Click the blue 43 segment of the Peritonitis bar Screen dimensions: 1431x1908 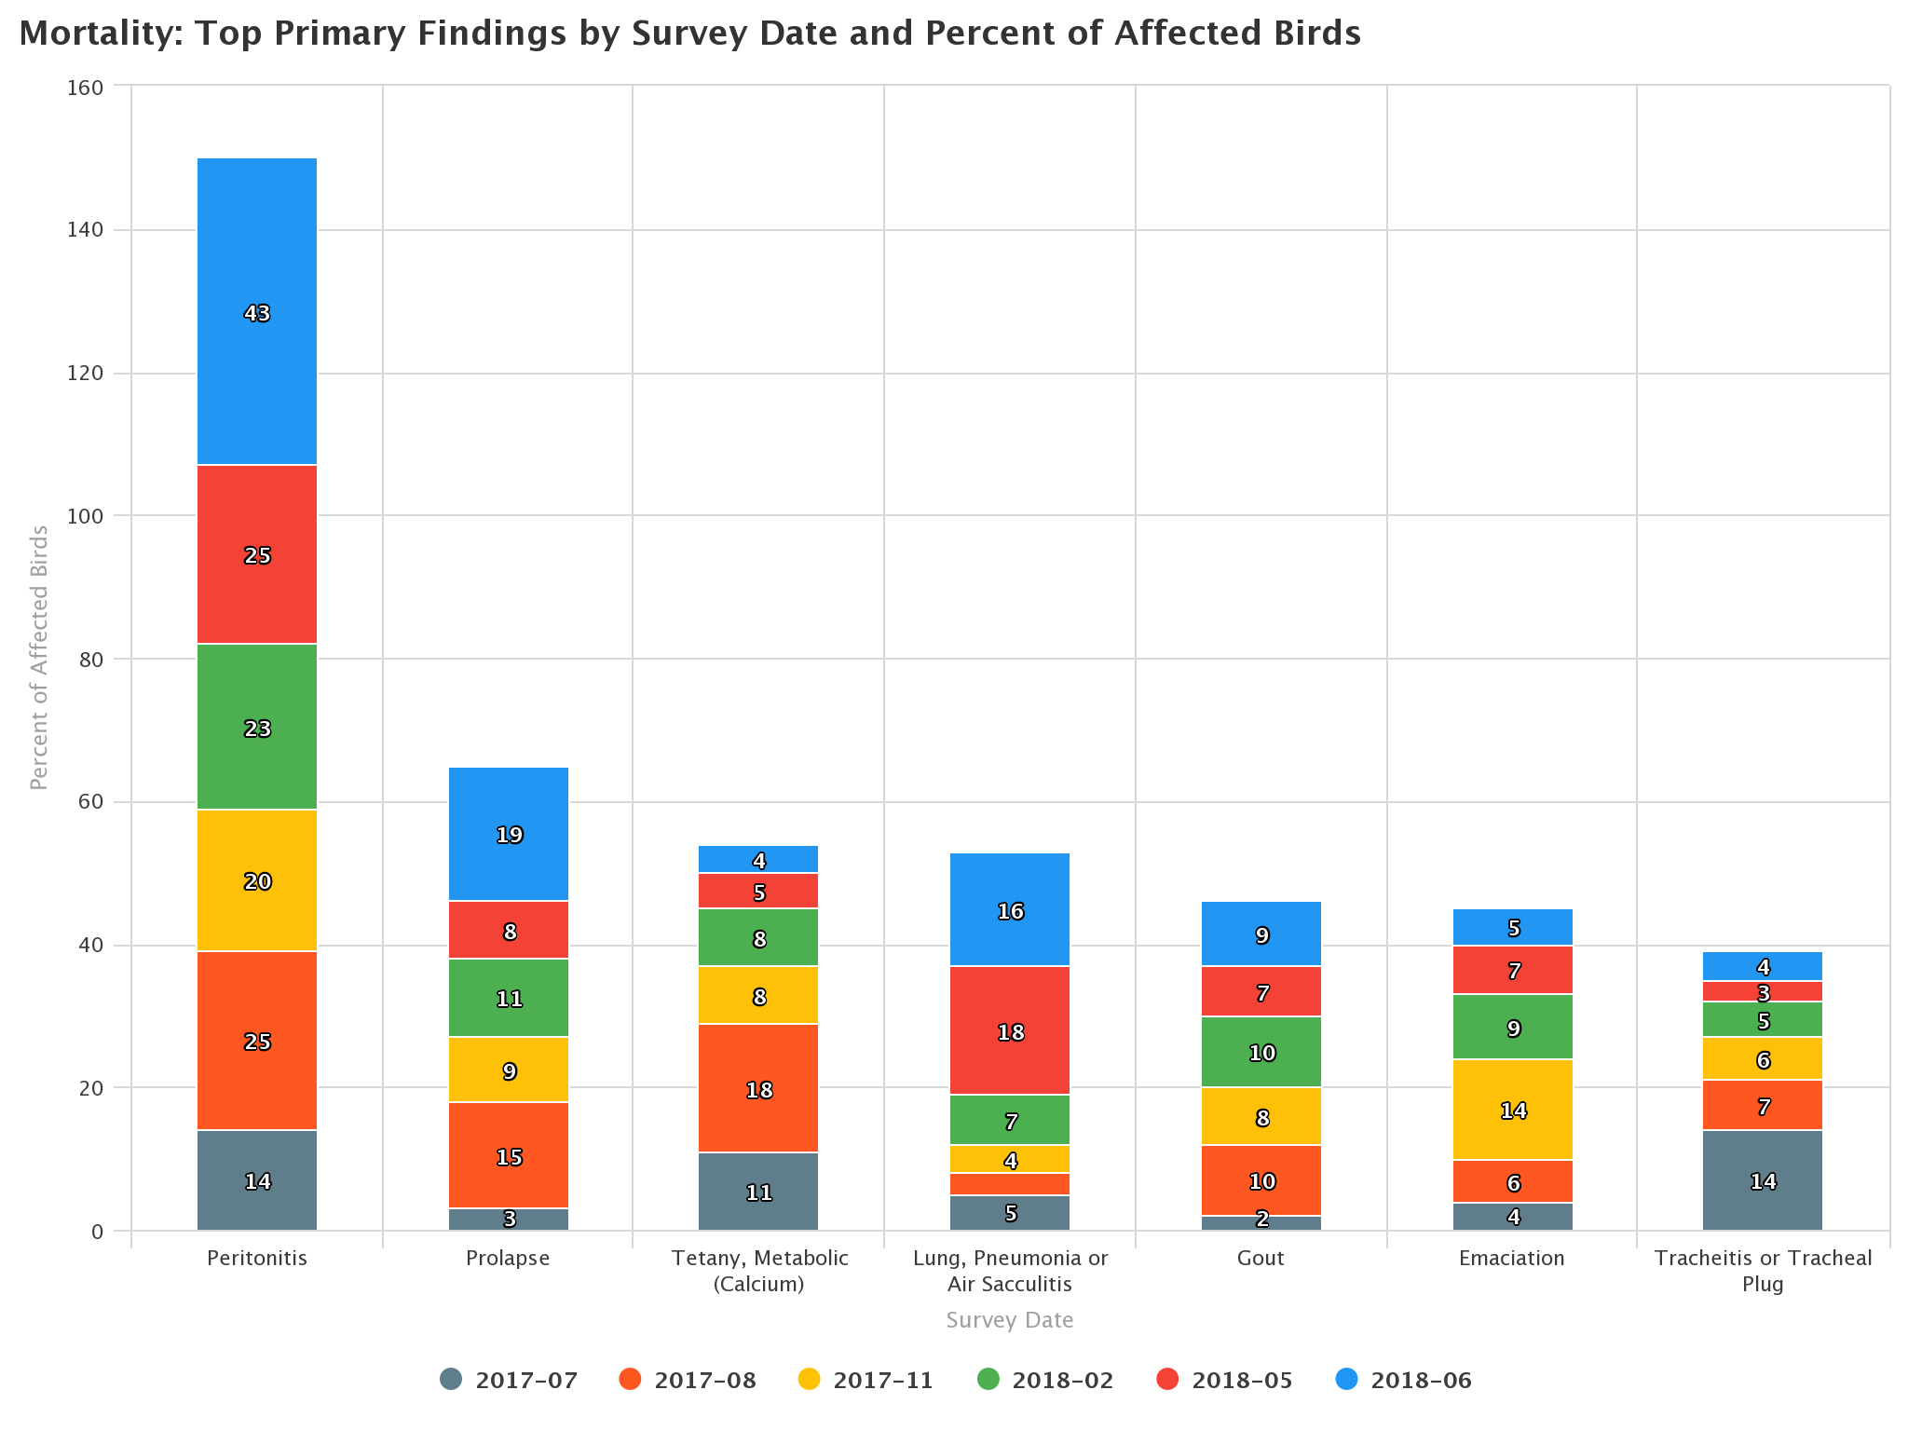pyautogui.click(x=257, y=313)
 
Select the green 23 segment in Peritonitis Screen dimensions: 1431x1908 pyautogui.click(x=257, y=728)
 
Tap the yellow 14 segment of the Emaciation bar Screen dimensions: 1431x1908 pyautogui.click(x=1513, y=1110)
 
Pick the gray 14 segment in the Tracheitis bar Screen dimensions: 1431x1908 pyautogui.click(x=1763, y=1180)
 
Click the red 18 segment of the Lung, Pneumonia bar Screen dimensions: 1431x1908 pyautogui.click(x=1010, y=1031)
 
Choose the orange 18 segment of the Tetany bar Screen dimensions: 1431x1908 pyautogui.click(x=758, y=1089)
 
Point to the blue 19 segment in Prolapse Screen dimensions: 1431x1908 pyautogui.click(x=509, y=835)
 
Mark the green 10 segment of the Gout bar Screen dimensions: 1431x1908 pyautogui.click(x=1261, y=1052)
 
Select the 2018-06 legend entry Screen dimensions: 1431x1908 pyautogui.click(x=1405, y=1380)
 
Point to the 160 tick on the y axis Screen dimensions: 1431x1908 pyautogui.click(x=85, y=88)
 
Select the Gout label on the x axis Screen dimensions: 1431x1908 pyautogui.click(x=1261, y=1258)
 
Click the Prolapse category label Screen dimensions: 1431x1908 pyautogui.click(x=508, y=1258)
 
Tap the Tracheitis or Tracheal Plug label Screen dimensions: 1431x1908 pyautogui.click(x=1763, y=1270)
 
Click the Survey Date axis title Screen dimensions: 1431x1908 pyautogui.click(x=1010, y=1320)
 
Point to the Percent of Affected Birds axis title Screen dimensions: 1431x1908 pyautogui.click(x=39, y=658)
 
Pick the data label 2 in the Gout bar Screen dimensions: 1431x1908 pyautogui.click(x=1261, y=1220)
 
